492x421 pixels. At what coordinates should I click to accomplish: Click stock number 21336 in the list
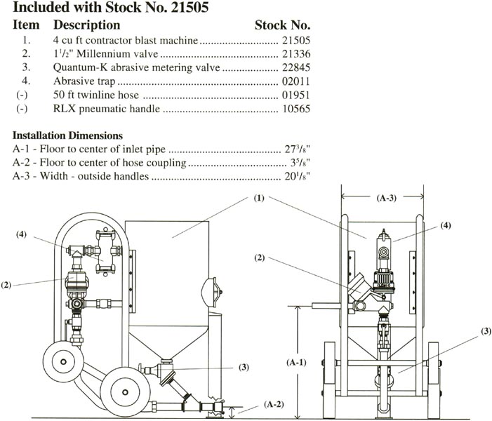[295, 54]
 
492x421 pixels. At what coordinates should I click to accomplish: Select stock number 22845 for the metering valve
[295, 68]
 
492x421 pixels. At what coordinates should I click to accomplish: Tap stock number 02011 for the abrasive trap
[295, 82]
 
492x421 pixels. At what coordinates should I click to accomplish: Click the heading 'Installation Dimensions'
[68, 135]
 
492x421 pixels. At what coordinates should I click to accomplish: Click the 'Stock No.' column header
[283, 25]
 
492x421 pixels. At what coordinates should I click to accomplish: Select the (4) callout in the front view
[446, 226]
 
